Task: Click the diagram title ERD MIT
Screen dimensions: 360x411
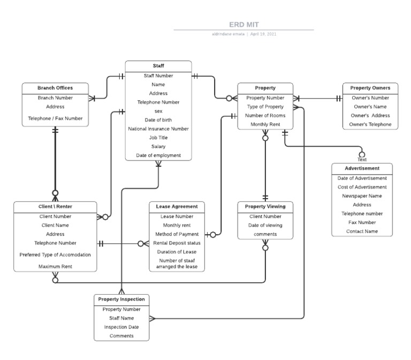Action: (244, 24)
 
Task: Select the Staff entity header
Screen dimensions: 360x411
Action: (158, 66)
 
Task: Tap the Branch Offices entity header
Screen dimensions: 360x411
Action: (55, 88)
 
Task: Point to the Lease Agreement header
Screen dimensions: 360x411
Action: (177, 206)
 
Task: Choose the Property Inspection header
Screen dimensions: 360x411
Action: (121, 299)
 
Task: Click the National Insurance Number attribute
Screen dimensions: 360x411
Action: (158, 129)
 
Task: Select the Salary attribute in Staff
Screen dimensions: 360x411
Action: (158, 146)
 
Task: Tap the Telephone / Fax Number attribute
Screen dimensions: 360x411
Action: (55, 118)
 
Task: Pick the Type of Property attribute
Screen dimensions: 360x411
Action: (265, 107)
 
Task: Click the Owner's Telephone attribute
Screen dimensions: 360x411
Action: (370, 124)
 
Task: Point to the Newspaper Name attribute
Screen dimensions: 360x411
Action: (362, 196)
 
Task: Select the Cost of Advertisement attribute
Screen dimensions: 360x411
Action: (362, 187)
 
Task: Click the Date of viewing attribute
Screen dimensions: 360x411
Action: (265, 225)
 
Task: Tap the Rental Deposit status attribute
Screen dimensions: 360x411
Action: (177, 243)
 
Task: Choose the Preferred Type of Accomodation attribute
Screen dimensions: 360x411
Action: (55, 254)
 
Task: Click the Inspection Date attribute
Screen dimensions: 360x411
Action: (121, 327)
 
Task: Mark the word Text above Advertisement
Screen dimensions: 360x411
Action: (362, 159)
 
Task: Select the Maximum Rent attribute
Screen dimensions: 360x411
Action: (55, 266)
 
